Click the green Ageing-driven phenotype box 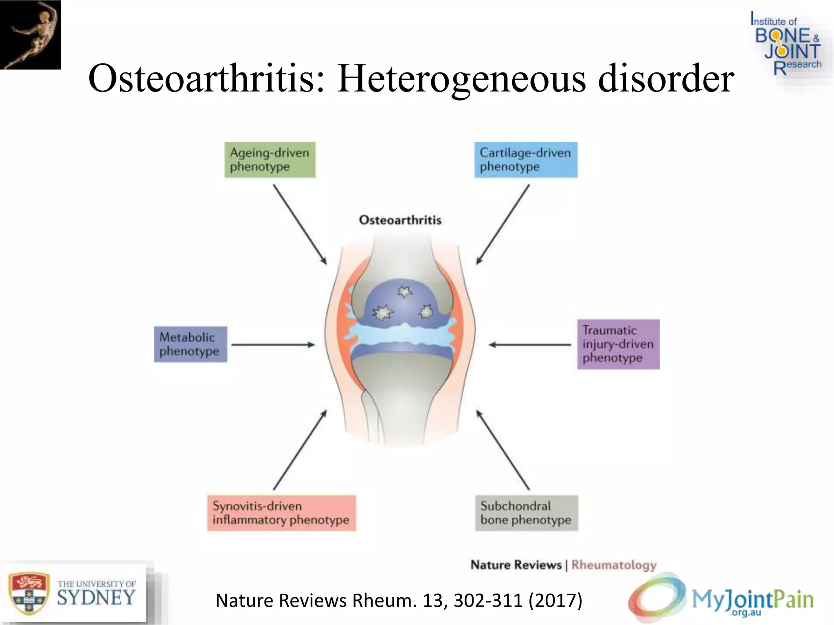(270, 160)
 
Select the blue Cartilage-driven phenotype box (525, 160)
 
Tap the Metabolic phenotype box (190, 344)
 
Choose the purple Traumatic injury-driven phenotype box (618, 344)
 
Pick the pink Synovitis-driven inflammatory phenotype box (281, 513)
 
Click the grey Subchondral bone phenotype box (526, 513)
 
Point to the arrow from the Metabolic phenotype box (273, 345)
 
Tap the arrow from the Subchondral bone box (503, 450)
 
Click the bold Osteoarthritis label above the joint (400, 220)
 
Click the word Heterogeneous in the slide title (461, 79)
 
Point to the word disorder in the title (666, 78)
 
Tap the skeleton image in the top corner (31, 35)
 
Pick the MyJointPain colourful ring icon (656, 598)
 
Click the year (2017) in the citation (555, 601)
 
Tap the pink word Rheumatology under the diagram (614, 565)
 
